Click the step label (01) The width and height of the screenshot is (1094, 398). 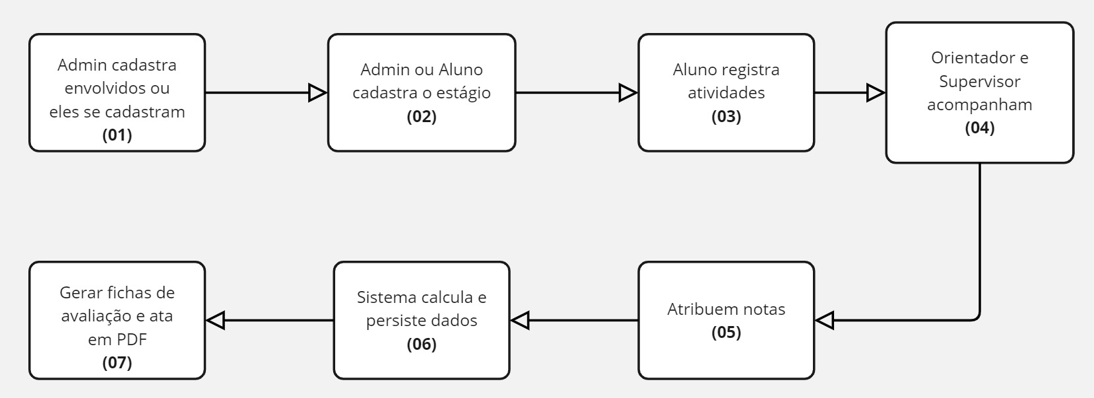(117, 135)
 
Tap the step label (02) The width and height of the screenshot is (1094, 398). (422, 117)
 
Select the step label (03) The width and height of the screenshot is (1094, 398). (726, 117)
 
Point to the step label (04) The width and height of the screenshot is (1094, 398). (979, 128)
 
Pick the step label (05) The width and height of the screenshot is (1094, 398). (726, 333)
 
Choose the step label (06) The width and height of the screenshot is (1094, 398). (422, 344)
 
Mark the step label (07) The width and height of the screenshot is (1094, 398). (117, 362)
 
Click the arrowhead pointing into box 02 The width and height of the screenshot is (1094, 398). (318, 93)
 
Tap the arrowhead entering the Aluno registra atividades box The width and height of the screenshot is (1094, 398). (628, 93)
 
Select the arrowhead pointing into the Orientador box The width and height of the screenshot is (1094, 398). (876, 93)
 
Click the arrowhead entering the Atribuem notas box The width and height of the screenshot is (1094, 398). (825, 321)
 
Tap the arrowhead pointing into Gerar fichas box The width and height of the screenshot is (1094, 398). (216, 321)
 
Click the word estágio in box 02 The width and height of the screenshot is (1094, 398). (457, 93)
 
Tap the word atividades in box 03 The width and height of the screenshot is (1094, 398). (726, 93)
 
